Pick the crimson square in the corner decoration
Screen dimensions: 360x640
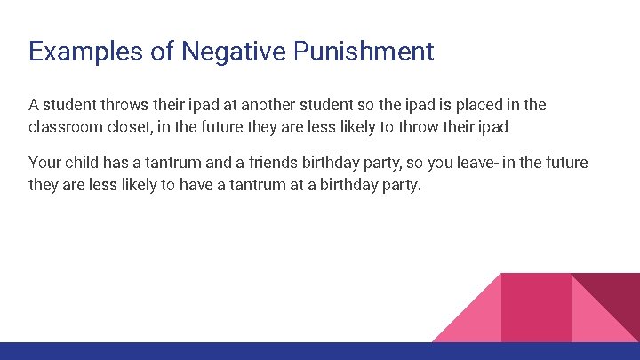536,307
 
